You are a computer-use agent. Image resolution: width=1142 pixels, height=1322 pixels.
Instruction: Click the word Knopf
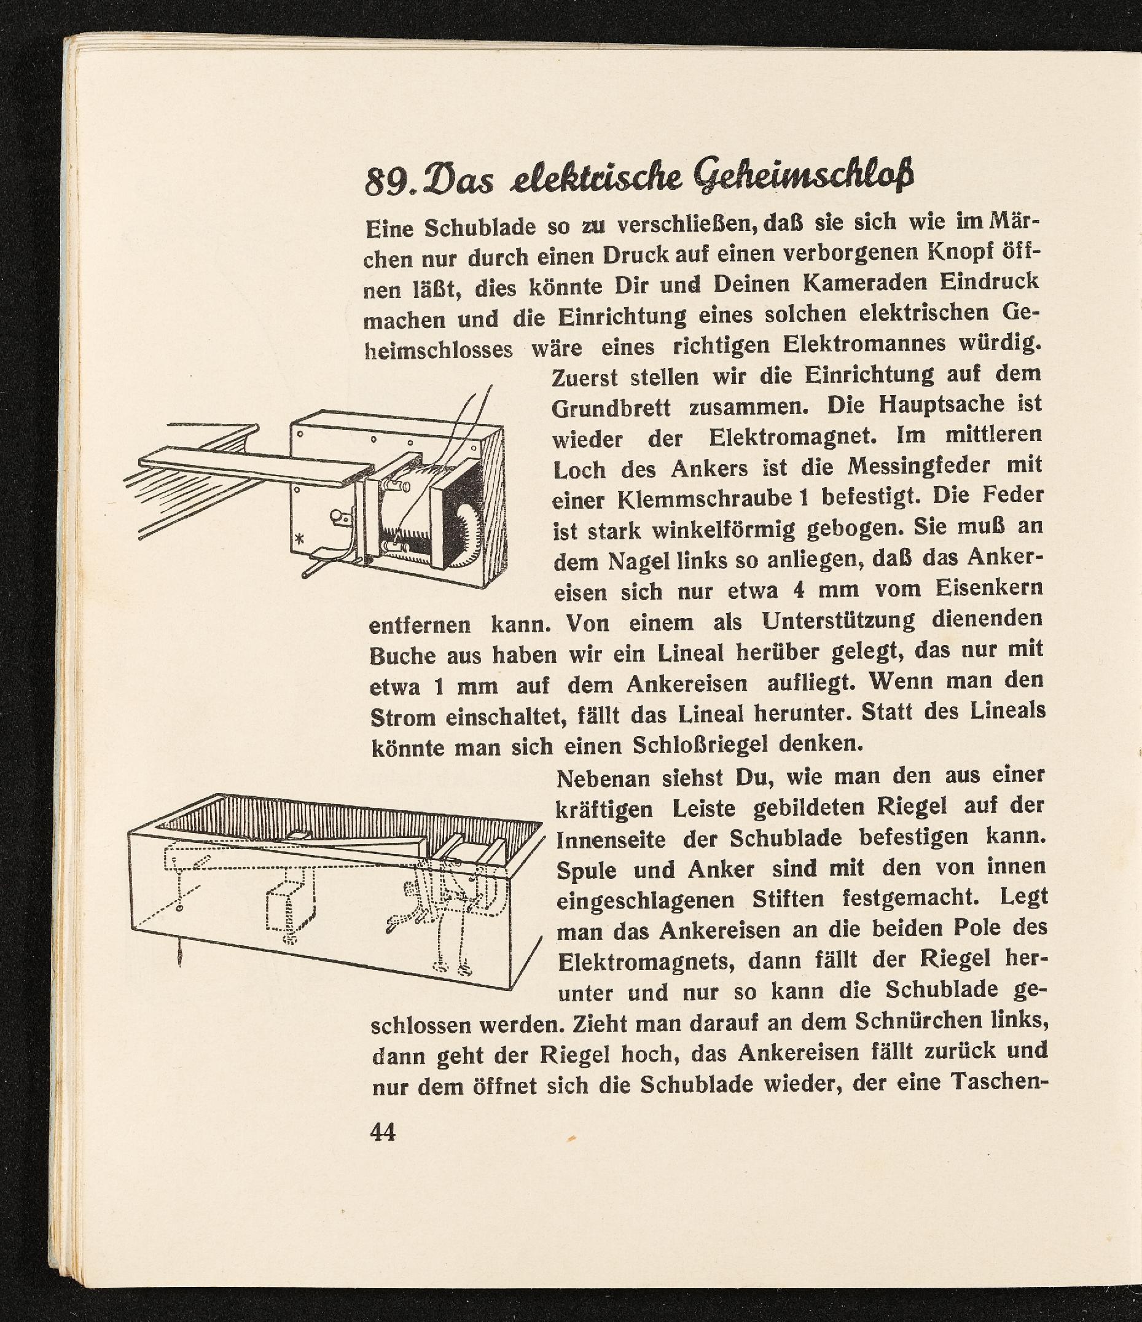click(962, 254)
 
